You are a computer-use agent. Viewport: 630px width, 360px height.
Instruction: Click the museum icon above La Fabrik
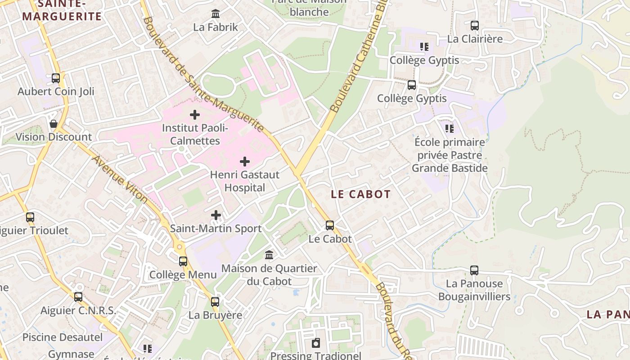216,14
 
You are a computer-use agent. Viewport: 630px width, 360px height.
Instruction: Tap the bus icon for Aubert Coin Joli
56,78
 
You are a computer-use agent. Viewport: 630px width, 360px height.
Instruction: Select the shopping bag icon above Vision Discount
54,124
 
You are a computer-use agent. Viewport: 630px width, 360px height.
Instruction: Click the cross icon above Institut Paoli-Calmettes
195,115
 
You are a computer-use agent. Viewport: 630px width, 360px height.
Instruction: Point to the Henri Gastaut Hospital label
245,181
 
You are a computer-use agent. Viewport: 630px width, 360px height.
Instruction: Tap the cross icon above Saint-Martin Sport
216,215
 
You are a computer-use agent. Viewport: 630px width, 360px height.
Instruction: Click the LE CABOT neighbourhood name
361,194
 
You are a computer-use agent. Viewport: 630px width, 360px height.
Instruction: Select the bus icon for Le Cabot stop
330,225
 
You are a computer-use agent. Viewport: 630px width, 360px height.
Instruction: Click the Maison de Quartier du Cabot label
269,274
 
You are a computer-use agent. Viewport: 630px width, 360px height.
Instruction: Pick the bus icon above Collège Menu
183,261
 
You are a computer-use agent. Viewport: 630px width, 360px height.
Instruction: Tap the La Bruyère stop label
215,315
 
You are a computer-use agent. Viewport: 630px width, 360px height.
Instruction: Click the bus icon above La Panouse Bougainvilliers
474,270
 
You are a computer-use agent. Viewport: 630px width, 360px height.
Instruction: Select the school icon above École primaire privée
450,129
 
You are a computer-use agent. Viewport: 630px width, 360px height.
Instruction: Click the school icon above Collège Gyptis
424,47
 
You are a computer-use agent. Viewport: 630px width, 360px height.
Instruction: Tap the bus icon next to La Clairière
475,26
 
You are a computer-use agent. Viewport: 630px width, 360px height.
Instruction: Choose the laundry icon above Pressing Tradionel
316,343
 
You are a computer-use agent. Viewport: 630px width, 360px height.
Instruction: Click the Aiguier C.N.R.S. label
78,310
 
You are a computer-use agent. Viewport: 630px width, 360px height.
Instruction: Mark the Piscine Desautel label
63,337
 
